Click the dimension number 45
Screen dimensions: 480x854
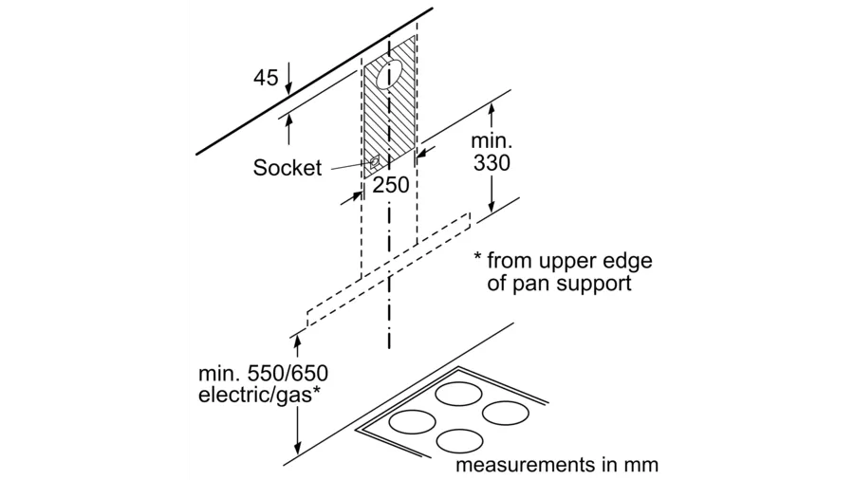pos(265,77)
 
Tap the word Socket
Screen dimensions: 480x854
pos(288,168)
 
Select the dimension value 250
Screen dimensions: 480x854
pos(391,184)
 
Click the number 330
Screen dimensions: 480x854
pos(492,162)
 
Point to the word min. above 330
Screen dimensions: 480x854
pos(492,138)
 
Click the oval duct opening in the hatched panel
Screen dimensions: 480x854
pos(389,73)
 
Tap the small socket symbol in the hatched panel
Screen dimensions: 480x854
pos(377,163)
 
